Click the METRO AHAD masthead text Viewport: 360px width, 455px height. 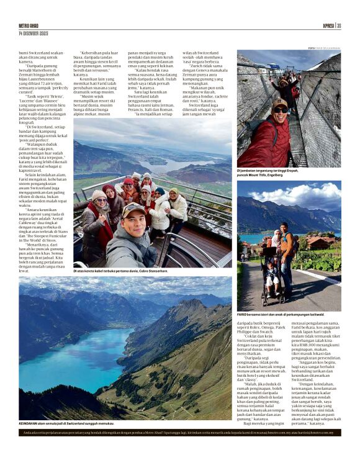(30, 26)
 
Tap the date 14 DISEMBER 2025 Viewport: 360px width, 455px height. (34, 33)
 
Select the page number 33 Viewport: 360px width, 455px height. (339, 26)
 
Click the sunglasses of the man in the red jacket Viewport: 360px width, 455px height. (280, 110)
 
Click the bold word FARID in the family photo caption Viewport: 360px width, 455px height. (242, 315)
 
